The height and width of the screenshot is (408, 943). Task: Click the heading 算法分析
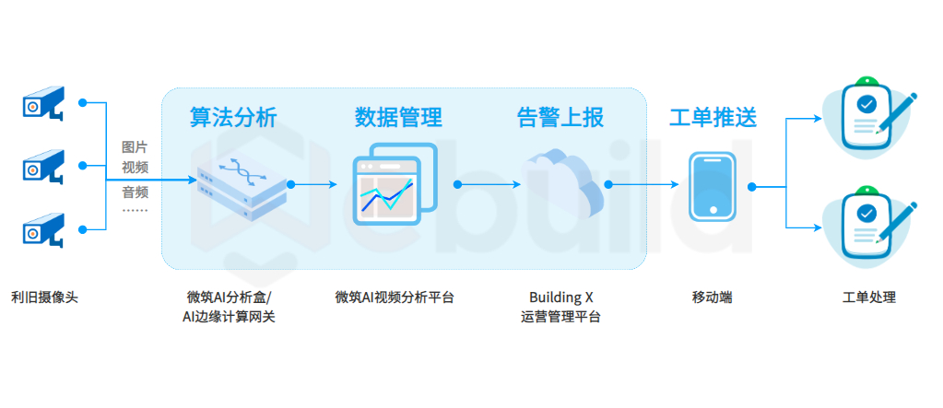(x=233, y=117)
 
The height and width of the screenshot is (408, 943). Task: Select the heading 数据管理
(x=398, y=117)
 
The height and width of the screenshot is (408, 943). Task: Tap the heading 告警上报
(x=560, y=117)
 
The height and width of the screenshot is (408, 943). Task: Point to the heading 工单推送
(x=713, y=117)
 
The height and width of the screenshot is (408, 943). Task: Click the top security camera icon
(x=43, y=102)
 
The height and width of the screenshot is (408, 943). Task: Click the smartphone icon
(x=713, y=186)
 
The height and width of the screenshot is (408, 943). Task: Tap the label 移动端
(x=712, y=297)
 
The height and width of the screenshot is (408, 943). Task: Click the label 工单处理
(x=869, y=297)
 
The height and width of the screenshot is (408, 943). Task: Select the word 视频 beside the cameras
(x=136, y=167)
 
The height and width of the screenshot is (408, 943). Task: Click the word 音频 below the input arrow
(x=136, y=192)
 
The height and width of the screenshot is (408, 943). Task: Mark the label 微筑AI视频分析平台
(x=395, y=297)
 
